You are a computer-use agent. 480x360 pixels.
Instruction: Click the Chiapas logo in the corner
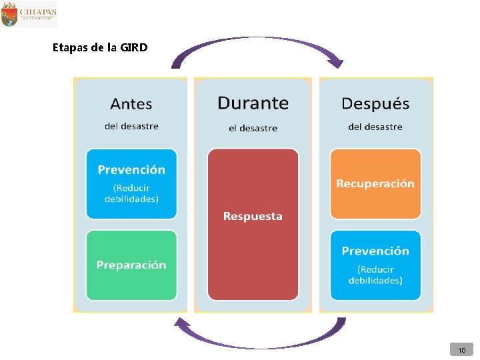tap(29, 13)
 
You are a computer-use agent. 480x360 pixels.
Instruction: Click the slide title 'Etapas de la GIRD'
tap(100, 48)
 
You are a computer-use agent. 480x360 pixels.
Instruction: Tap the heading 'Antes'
tap(131, 104)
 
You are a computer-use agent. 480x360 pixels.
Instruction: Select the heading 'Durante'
tap(253, 103)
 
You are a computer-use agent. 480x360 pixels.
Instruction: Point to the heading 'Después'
tap(375, 103)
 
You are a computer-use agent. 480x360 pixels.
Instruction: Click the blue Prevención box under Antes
tap(131, 183)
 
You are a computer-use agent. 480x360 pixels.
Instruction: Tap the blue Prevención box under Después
tap(375, 265)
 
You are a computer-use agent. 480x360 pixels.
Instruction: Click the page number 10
tap(461, 349)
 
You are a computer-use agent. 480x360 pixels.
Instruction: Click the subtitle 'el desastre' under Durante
tap(253, 128)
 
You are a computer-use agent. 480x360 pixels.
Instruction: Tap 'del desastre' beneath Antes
tap(131, 126)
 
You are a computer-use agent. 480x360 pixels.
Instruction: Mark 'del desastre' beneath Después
tap(375, 127)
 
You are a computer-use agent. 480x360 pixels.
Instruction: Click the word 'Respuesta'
tap(253, 216)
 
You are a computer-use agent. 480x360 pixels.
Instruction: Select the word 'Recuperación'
tap(375, 183)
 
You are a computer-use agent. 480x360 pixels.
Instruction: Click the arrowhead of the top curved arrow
tap(337, 62)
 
